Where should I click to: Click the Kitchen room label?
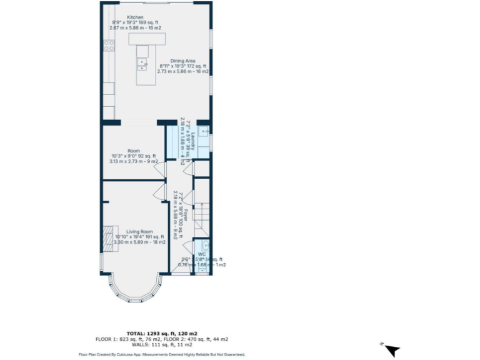[x=134, y=17]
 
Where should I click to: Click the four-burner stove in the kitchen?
[x=109, y=45]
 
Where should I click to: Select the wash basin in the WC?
[x=205, y=245]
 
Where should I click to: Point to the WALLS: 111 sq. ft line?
[x=162, y=344]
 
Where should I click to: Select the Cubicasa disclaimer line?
[x=162, y=354]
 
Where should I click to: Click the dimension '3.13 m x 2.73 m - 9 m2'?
[x=134, y=161]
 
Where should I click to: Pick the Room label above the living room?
[x=134, y=151]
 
